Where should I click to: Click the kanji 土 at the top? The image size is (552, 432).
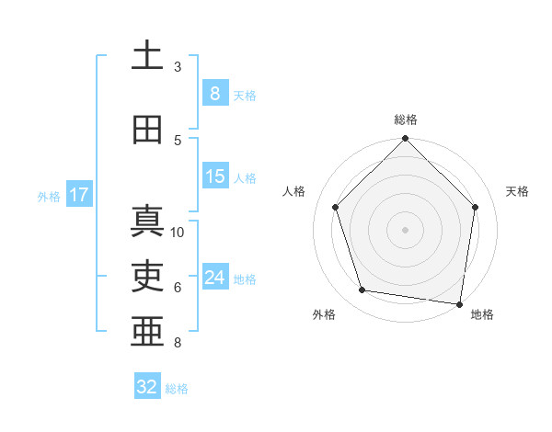coord(148,56)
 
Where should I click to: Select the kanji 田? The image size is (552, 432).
coord(148,131)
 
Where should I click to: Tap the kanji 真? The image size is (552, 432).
coord(148,222)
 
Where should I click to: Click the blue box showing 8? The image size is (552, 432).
coord(214,93)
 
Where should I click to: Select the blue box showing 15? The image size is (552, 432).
coord(214,176)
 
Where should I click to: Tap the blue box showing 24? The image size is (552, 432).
coord(214,278)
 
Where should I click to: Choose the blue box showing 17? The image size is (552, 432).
coord(78,195)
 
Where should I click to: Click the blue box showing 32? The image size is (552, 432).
coord(147,387)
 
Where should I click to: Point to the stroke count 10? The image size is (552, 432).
coord(178,233)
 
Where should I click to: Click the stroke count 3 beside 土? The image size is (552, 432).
coord(178,67)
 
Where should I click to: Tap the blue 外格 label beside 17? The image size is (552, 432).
coord(49,196)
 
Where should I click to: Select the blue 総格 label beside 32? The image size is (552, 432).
coord(177,388)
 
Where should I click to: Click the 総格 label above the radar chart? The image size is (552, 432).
coord(406,119)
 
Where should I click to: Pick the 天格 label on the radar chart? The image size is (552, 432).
coord(517,191)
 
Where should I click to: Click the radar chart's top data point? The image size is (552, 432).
coord(406,139)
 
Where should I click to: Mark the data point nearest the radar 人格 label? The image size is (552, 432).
coord(336,208)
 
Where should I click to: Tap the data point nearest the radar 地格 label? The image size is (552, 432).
coord(460,302)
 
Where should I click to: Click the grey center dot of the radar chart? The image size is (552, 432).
coord(406,229)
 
